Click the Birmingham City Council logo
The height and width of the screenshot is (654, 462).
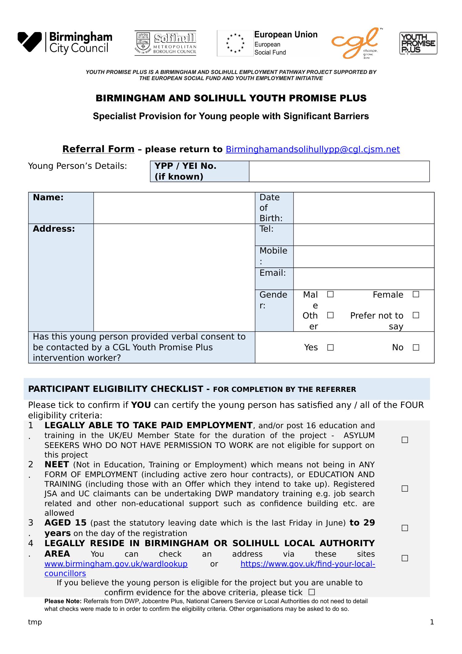(65, 43)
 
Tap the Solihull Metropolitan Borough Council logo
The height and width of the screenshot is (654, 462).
(165, 43)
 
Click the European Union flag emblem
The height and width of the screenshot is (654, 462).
(235, 43)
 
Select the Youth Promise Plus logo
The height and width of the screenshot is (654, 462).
(418, 43)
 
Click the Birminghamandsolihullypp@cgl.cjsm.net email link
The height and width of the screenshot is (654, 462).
(313, 149)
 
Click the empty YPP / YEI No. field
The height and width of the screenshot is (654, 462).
(339, 171)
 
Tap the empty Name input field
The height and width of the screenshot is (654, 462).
(174, 208)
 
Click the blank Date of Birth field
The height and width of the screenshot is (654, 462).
(363, 208)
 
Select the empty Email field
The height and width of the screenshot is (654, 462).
(363, 278)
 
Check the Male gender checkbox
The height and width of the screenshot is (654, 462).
(330, 295)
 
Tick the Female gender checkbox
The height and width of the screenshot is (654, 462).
(416, 295)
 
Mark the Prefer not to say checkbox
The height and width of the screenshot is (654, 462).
(416, 315)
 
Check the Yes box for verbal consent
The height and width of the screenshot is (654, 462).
(330, 347)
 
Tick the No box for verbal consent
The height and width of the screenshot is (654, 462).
(416, 347)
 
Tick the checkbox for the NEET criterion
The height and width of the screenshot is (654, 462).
(405, 489)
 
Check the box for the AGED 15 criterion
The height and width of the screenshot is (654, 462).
(405, 528)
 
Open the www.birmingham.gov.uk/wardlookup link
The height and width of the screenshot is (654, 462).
(116, 564)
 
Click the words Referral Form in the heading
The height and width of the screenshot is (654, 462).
(98, 149)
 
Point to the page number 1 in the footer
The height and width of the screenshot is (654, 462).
(432, 622)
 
